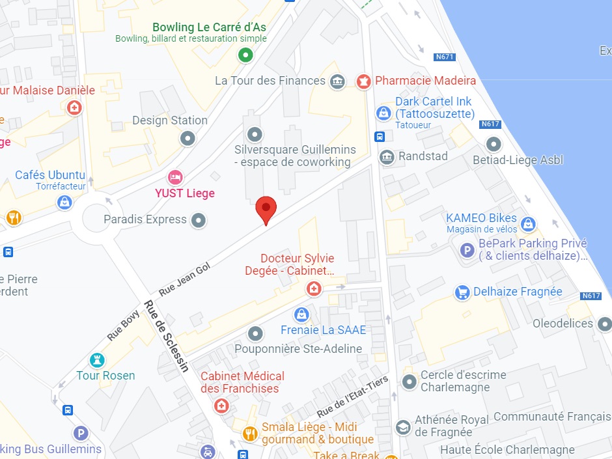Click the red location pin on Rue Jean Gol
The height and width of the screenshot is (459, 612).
pyautogui.click(x=266, y=208)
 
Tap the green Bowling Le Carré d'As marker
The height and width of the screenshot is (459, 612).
pyautogui.click(x=245, y=55)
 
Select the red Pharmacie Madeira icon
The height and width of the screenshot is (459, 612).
pyautogui.click(x=363, y=81)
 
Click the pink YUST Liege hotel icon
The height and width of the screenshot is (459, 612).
pyautogui.click(x=174, y=176)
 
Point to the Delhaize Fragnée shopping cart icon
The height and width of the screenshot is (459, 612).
pyautogui.click(x=462, y=292)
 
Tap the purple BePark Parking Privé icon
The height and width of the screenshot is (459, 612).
pyautogui.click(x=467, y=249)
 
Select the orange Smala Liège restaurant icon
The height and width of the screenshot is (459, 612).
pyautogui.click(x=249, y=433)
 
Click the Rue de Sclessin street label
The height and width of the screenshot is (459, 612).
pyautogui.click(x=167, y=336)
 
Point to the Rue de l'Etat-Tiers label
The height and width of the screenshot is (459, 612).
pyautogui.click(x=352, y=397)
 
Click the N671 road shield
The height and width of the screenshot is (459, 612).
pyautogui.click(x=443, y=57)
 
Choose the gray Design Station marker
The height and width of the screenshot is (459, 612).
pyautogui.click(x=188, y=138)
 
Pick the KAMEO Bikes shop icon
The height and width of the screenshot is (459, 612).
pyautogui.click(x=528, y=224)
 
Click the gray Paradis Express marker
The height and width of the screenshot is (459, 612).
pyautogui.click(x=199, y=220)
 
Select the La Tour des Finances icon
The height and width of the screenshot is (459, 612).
pyautogui.click(x=337, y=81)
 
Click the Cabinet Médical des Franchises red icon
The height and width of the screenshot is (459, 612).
pyautogui.click(x=221, y=406)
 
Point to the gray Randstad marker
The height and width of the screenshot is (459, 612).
pyautogui.click(x=387, y=157)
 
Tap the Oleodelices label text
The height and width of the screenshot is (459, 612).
pyautogui.click(x=563, y=324)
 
